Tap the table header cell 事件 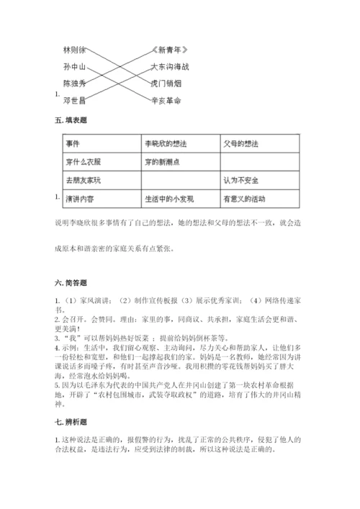tap(72, 143)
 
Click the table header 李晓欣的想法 tap(162, 143)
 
